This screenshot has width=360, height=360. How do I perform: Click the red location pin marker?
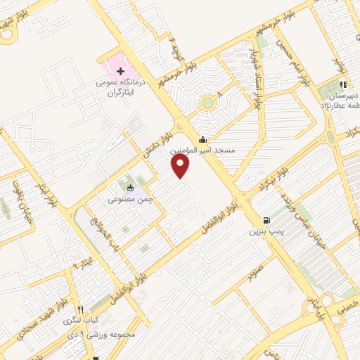pyautogui.click(x=181, y=166)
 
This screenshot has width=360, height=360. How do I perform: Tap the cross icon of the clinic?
pyautogui.click(x=121, y=71)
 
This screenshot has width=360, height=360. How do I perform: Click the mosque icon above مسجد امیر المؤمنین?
pyautogui.click(x=203, y=139)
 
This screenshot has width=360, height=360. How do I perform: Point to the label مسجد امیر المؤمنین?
pyautogui.click(x=204, y=150)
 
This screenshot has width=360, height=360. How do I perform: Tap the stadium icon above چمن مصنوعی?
pyautogui.click(x=130, y=188)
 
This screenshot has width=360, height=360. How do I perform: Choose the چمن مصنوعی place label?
pyautogui.click(x=131, y=199)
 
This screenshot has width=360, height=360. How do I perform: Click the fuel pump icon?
pyautogui.click(x=265, y=219)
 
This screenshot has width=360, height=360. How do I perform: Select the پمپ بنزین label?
pyautogui.click(x=266, y=230)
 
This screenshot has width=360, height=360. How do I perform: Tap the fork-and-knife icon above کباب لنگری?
pyautogui.click(x=81, y=309)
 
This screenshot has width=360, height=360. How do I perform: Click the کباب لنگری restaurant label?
pyautogui.click(x=82, y=321)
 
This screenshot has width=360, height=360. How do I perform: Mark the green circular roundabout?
pyautogui.click(x=207, y=103)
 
